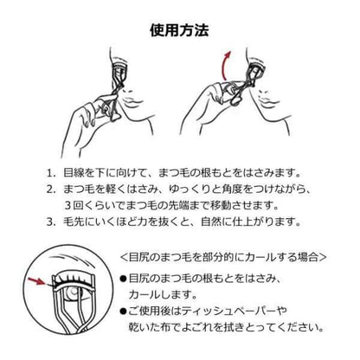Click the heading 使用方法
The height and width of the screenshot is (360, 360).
[x=180, y=30]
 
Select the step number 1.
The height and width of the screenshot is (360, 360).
[x=52, y=172]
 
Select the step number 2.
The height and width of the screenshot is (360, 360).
[x=52, y=189]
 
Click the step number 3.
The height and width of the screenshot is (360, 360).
[x=52, y=222]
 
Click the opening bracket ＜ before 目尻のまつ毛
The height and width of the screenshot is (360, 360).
[x=124, y=258]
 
